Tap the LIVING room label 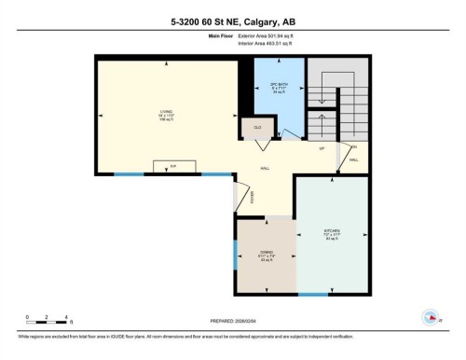(165, 114)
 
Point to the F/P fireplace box (172, 167)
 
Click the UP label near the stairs (321, 149)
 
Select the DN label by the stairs (354, 146)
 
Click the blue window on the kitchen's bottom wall (312, 296)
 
